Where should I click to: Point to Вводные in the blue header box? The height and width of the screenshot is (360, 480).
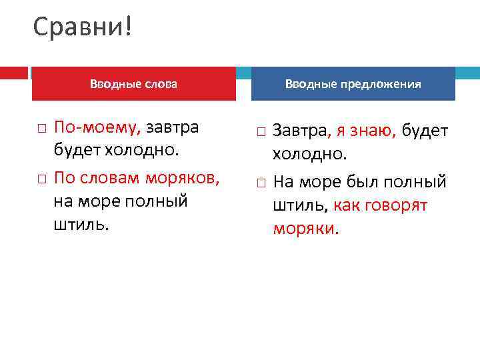(x=311, y=84)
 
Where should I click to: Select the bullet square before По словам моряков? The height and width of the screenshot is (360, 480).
(x=41, y=178)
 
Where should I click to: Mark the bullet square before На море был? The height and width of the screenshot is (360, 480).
(x=260, y=183)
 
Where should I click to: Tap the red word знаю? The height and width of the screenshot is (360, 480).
(x=373, y=131)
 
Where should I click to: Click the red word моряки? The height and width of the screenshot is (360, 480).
(x=306, y=229)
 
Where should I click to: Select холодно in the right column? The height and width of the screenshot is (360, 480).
(x=309, y=155)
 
